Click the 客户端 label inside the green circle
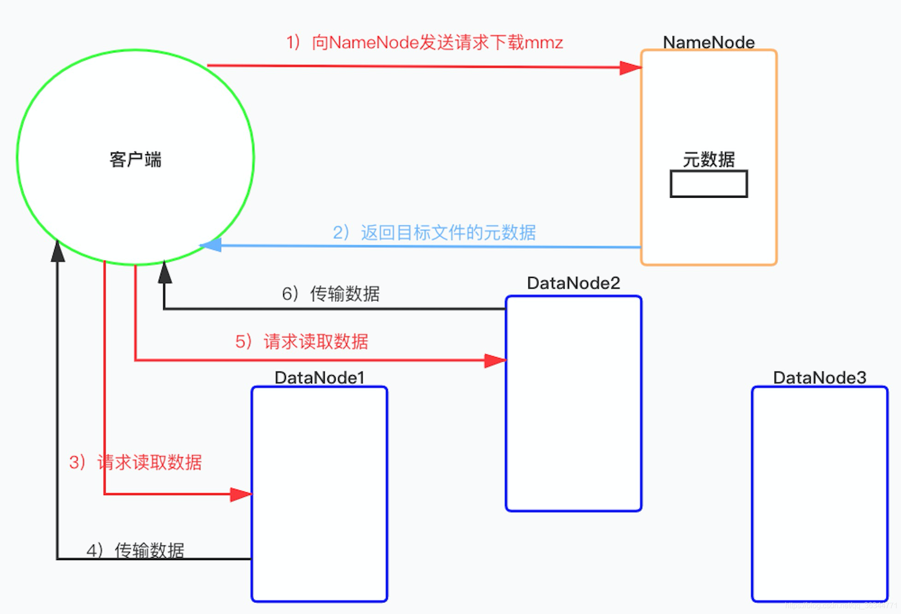[x=136, y=159]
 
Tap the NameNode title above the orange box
[x=709, y=42]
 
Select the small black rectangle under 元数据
[x=709, y=184]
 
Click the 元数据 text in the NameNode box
[x=709, y=159]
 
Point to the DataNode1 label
[x=320, y=378]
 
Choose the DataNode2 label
[x=574, y=283]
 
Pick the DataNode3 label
[x=820, y=378]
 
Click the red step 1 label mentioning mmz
[x=424, y=42]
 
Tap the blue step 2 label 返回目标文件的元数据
[x=434, y=232]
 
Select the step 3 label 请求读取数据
[x=136, y=462]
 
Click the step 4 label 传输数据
[x=136, y=550]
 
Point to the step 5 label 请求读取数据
[x=302, y=342]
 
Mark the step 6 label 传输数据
[x=331, y=294]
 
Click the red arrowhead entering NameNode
[x=630, y=68]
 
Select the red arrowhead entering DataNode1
[x=241, y=495]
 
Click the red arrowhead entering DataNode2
[x=495, y=360]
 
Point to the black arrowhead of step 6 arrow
[x=165, y=273]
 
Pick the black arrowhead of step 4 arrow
[x=58, y=252]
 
